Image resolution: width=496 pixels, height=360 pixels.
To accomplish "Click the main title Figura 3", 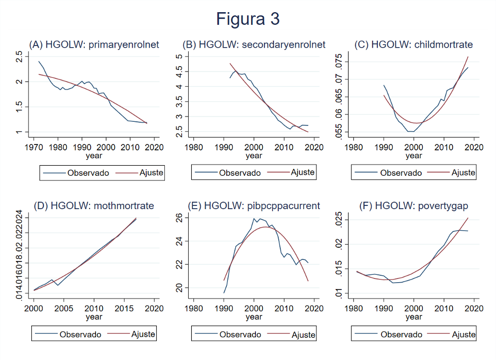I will click(x=247, y=19).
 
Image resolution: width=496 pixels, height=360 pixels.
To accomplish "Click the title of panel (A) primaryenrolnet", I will click(x=94, y=44).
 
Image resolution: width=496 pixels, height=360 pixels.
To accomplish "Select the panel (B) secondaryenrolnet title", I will click(x=253, y=44).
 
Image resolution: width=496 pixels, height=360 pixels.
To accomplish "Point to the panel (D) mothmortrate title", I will click(x=94, y=206).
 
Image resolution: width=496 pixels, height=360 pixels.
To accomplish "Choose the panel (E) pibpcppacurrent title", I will click(x=253, y=206).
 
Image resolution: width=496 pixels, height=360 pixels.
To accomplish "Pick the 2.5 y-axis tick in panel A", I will click(x=19, y=57).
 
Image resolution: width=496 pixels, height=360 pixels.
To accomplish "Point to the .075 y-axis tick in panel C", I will click(x=339, y=62).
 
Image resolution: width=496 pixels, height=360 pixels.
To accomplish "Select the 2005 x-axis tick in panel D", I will click(x=64, y=308).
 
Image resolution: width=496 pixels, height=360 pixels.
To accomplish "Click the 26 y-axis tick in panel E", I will click(x=179, y=218).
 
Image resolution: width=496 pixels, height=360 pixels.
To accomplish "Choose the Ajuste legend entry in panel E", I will click(x=303, y=334).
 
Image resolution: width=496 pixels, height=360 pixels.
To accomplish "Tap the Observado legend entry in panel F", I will click(x=401, y=334).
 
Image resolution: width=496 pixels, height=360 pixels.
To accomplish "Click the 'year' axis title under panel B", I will click(x=254, y=156).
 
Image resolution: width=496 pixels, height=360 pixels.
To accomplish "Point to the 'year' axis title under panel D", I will click(x=94, y=317).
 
